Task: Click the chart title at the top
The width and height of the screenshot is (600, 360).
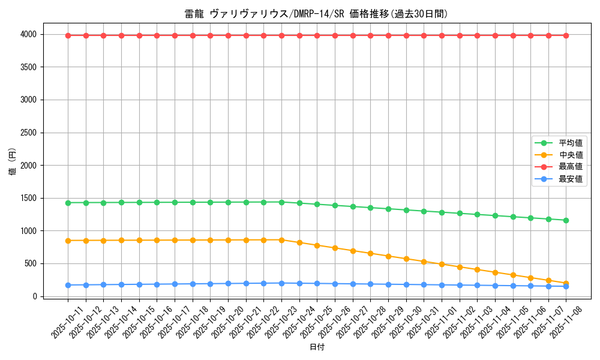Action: coord(316,14)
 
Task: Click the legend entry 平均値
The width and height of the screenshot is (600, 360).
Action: coord(570,143)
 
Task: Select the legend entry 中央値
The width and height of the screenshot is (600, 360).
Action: coord(570,155)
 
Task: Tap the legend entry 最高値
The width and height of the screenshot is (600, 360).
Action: coord(570,167)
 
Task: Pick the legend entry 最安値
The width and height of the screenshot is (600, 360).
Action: coord(570,179)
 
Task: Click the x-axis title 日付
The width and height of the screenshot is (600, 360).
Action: coord(317,347)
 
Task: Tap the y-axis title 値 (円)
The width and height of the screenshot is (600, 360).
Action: coord(13,163)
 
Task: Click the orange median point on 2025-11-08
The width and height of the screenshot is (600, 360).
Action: coord(566,283)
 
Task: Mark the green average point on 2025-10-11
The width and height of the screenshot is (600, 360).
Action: coord(68,203)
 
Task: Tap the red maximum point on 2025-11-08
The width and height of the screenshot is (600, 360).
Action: coord(566,35)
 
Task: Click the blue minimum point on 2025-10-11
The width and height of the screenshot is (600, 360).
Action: coord(68,285)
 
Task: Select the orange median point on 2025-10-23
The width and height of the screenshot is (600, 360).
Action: coord(281,240)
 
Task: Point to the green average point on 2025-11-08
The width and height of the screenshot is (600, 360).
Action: coord(566,220)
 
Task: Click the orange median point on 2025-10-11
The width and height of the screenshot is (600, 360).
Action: coord(68,241)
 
